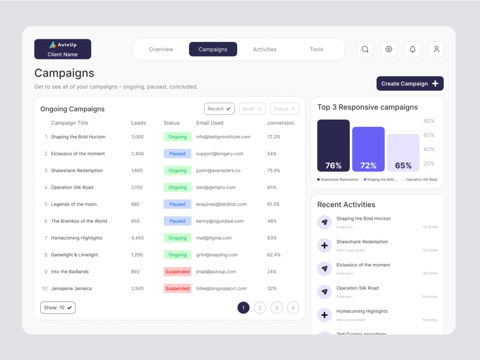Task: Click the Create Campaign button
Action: tap(409, 84)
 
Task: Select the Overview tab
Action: tap(161, 49)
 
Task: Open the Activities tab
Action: tap(264, 49)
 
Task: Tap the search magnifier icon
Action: tap(365, 49)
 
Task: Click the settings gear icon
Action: tap(389, 49)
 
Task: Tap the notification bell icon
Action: tap(412, 49)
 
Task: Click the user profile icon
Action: tap(436, 49)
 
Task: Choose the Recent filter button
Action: tap(219, 109)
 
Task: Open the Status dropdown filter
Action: tap(284, 109)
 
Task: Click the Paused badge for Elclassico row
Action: tap(177, 154)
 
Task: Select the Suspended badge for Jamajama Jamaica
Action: tap(177, 288)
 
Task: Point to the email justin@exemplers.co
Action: tap(218, 170)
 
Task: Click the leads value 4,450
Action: tap(137, 238)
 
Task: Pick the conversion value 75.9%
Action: tap(274, 170)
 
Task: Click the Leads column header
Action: tap(138, 123)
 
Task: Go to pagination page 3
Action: tap(276, 308)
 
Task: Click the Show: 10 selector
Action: tap(58, 308)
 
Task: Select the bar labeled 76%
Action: tap(333, 145)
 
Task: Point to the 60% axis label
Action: tap(429, 135)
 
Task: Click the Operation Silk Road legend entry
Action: tap(420, 180)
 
